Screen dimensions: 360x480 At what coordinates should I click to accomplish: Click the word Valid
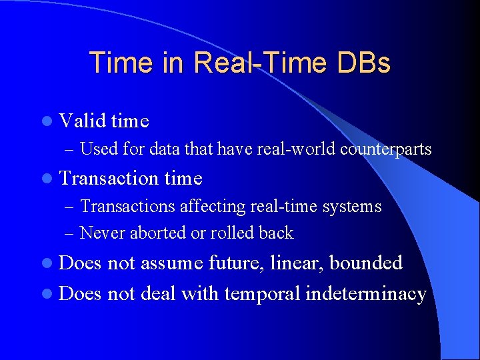pyautogui.click(x=83, y=121)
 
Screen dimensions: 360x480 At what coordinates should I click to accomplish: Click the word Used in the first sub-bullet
pyautogui.click(x=96, y=149)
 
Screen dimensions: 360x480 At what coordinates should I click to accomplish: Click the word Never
pyautogui.click(x=101, y=233)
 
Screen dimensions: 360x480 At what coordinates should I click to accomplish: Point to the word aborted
pyautogui.click(x=158, y=233)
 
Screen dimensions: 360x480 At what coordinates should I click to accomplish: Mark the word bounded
pyautogui.click(x=366, y=263)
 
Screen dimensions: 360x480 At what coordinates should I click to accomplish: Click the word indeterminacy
pyautogui.click(x=365, y=294)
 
